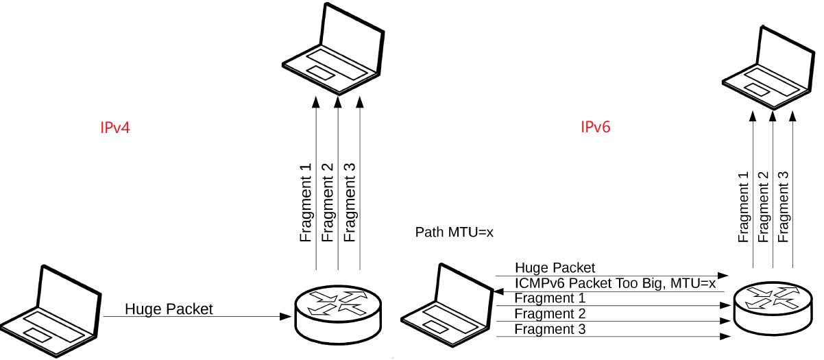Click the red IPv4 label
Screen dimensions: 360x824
coord(114,128)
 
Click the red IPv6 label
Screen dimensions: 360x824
coord(596,128)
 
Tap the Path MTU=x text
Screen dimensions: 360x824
coord(455,232)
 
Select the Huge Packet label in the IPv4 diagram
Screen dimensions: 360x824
coord(169,309)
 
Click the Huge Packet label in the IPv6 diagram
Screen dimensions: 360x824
coord(555,267)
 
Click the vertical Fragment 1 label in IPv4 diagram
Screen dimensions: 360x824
coord(306,202)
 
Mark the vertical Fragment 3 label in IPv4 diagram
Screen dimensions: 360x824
coord(350,202)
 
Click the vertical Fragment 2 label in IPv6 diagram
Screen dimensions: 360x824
coord(764,206)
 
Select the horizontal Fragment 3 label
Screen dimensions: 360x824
coord(550,329)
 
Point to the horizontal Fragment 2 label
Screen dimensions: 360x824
coord(550,314)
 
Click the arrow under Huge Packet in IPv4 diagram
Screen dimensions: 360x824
coord(206,317)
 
